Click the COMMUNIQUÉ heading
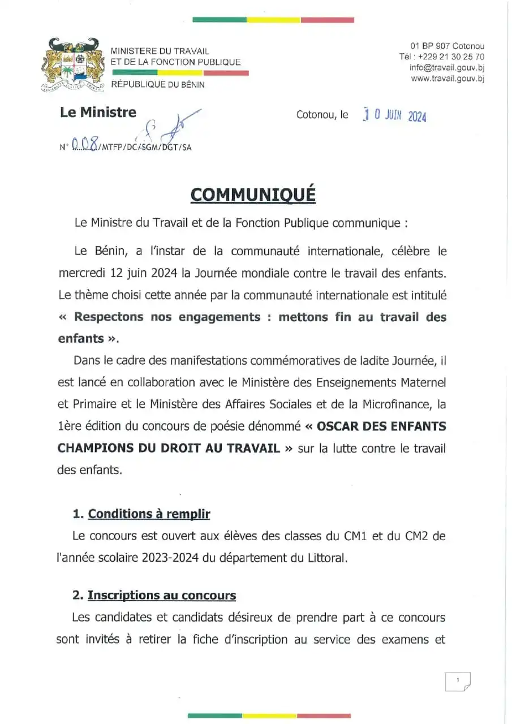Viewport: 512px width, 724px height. pyautogui.click(x=253, y=194)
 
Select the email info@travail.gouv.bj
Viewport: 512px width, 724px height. pyautogui.click(x=447, y=67)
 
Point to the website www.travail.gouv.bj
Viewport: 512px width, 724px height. pyautogui.click(x=448, y=79)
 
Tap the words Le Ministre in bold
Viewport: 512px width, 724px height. pyautogui.click(x=98, y=112)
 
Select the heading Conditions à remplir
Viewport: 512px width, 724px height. pyautogui.click(x=149, y=514)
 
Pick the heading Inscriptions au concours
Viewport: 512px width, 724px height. pyautogui.click(x=161, y=595)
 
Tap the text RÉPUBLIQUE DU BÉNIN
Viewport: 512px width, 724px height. pyautogui.click(x=158, y=84)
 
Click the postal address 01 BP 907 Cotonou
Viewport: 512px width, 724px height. pyautogui.click(x=447, y=46)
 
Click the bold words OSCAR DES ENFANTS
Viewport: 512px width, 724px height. pyautogui.click(x=381, y=426)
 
